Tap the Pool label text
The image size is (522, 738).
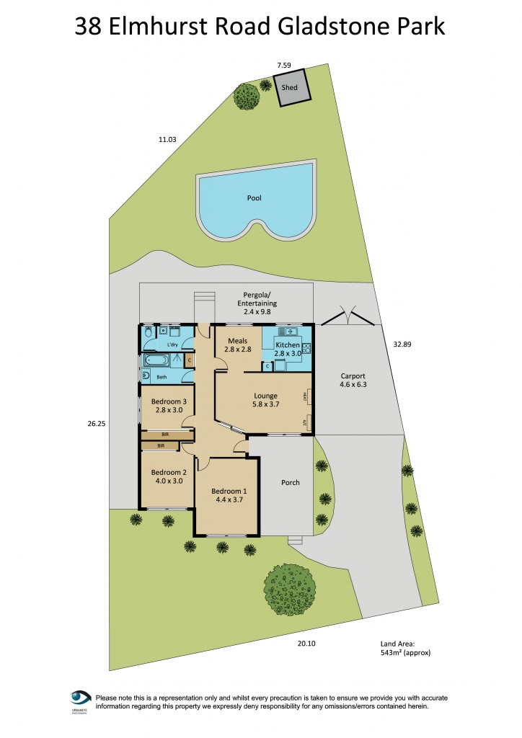click(253, 197)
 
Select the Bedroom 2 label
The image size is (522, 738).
click(165, 477)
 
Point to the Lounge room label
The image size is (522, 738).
click(265, 400)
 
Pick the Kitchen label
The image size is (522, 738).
click(288, 349)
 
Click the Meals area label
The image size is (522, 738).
click(238, 344)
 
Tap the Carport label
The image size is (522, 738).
click(353, 380)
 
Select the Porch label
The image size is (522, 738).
click(290, 482)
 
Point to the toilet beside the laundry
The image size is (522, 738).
click(147, 332)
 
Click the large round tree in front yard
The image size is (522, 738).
click(291, 589)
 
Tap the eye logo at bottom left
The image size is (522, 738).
click(80, 698)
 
